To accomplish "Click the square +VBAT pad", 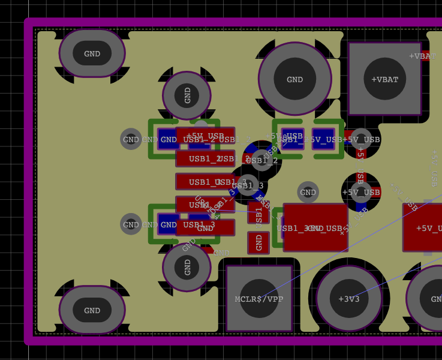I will coord(384,79).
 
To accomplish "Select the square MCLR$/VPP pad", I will coord(259,298).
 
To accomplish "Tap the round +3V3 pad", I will coord(348,298).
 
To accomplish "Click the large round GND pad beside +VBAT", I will coord(294,79).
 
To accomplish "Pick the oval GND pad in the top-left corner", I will coord(92,53).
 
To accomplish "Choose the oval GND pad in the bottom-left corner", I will coord(92,310).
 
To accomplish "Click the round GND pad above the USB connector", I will coord(187,95).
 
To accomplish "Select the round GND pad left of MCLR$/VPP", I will coord(187,267).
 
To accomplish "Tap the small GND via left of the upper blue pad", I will coord(131,139).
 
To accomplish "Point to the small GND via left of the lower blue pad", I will coord(131,224).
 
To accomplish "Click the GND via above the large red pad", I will coord(308,192).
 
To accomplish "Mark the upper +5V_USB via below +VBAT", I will coord(361,139).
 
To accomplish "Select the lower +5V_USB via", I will coord(361,192).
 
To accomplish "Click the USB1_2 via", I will coord(262,160).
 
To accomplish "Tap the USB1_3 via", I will coord(247,185).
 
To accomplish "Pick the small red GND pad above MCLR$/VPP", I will coord(258,242).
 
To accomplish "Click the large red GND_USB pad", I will coord(315,227).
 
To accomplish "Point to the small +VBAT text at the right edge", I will coord(423,56).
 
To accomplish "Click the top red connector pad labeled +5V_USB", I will coord(205,136).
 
